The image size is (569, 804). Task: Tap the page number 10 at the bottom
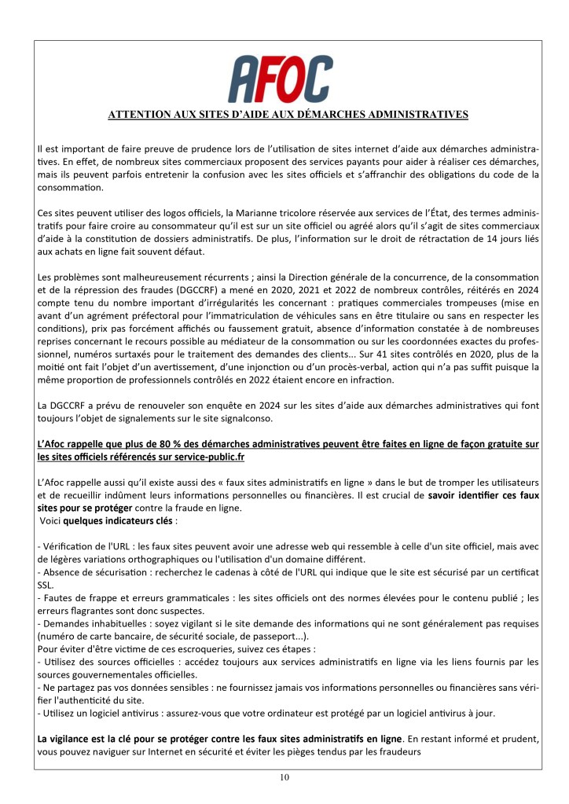tap(284, 778)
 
